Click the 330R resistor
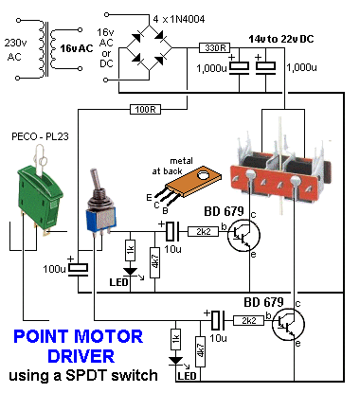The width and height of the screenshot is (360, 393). tap(215, 48)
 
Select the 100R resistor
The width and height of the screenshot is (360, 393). tap(146, 110)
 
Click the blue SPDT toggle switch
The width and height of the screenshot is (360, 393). tap(100, 205)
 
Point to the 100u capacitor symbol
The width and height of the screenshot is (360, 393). tap(79, 269)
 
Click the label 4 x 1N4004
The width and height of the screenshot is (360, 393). tap(179, 19)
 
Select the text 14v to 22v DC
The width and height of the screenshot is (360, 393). tap(281, 39)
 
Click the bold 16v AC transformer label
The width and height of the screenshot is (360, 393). tap(77, 48)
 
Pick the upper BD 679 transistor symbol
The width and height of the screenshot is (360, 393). tap(243, 236)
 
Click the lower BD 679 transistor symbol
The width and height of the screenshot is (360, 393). tap(288, 325)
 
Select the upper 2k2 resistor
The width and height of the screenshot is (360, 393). tap(204, 231)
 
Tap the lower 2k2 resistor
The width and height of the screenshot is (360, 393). tap(248, 321)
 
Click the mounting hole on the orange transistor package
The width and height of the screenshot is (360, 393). tap(203, 175)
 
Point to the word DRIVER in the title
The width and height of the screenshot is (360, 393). tap(81, 356)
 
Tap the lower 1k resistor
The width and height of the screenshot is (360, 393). tap(175, 339)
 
